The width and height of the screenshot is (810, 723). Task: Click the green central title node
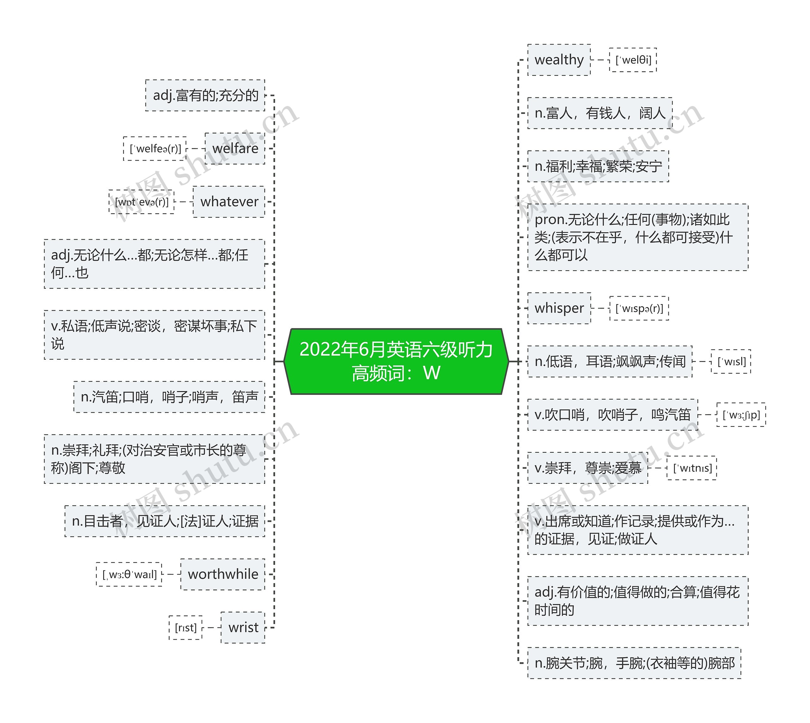pos(396,361)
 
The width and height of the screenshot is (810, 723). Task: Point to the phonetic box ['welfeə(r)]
pos(155,149)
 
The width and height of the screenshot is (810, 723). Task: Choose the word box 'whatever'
pos(229,202)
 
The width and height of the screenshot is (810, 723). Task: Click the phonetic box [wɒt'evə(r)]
pos(141,202)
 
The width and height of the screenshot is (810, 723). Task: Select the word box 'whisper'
pos(559,308)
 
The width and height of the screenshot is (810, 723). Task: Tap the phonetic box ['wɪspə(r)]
pos(639,308)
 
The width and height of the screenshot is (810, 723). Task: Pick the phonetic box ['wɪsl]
pos(731,361)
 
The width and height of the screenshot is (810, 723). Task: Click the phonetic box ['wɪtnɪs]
pos(692,468)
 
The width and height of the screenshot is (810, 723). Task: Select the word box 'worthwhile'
pos(223,574)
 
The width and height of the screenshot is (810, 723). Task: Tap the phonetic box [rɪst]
pos(185,628)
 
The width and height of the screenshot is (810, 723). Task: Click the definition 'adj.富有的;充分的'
pos(205,95)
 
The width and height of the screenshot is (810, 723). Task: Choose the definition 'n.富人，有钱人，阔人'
pos(600,113)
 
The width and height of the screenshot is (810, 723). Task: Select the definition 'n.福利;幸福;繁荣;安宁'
pos(598,166)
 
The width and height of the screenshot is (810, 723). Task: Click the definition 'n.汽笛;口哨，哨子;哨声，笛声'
pos(169,397)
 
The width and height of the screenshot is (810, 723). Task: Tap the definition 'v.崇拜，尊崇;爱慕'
pos(588,468)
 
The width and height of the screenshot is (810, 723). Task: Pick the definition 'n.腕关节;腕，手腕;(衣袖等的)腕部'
pos(634,663)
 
